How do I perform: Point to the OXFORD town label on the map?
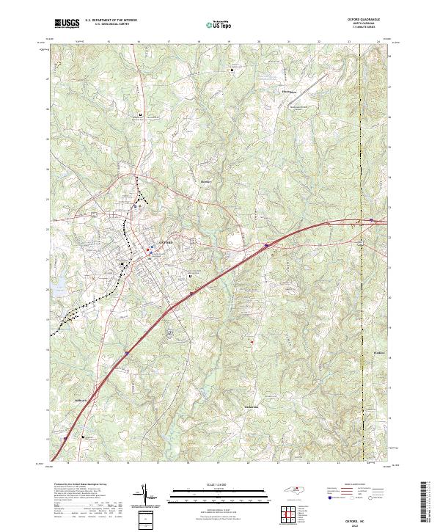pos(166,242)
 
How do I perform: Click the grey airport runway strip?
pos(172,333)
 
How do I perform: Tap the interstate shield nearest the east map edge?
pos(372,219)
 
